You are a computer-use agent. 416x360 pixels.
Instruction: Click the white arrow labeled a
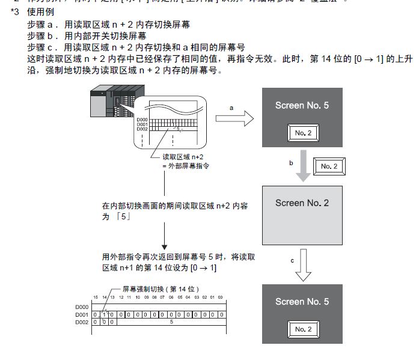[231, 119]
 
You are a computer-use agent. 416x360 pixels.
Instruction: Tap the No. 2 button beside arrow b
[329, 166]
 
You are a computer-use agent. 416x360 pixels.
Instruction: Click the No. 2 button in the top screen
[302, 133]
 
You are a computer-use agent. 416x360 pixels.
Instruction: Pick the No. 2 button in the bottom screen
[302, 329]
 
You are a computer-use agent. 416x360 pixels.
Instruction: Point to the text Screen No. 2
[302, 203]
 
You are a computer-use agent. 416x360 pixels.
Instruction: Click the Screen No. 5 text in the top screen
[302, 105]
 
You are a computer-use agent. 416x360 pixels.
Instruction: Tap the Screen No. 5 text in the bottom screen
[302, 301]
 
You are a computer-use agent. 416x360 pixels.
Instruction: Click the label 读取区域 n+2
[180, 156]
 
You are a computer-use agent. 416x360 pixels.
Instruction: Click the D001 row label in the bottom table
[82, 314]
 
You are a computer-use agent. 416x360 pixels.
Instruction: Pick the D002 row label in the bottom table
[82, 322]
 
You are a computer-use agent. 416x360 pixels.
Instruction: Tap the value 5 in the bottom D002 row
[172, 322]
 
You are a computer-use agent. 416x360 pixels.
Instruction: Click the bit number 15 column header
[95, 298]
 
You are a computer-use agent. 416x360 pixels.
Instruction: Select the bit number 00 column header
[220, 298]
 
